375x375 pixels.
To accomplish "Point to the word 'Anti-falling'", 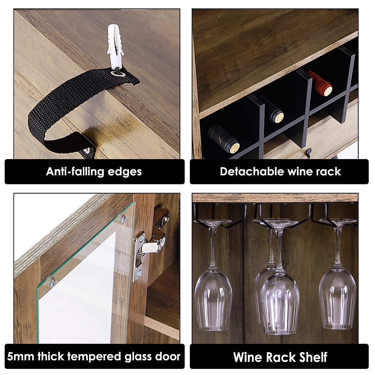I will pos(75,172).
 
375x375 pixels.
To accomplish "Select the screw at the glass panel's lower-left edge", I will pos(52,282).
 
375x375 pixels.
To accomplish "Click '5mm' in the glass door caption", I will pos(21,357).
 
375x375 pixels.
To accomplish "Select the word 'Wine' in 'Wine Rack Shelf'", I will pos(247,357).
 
